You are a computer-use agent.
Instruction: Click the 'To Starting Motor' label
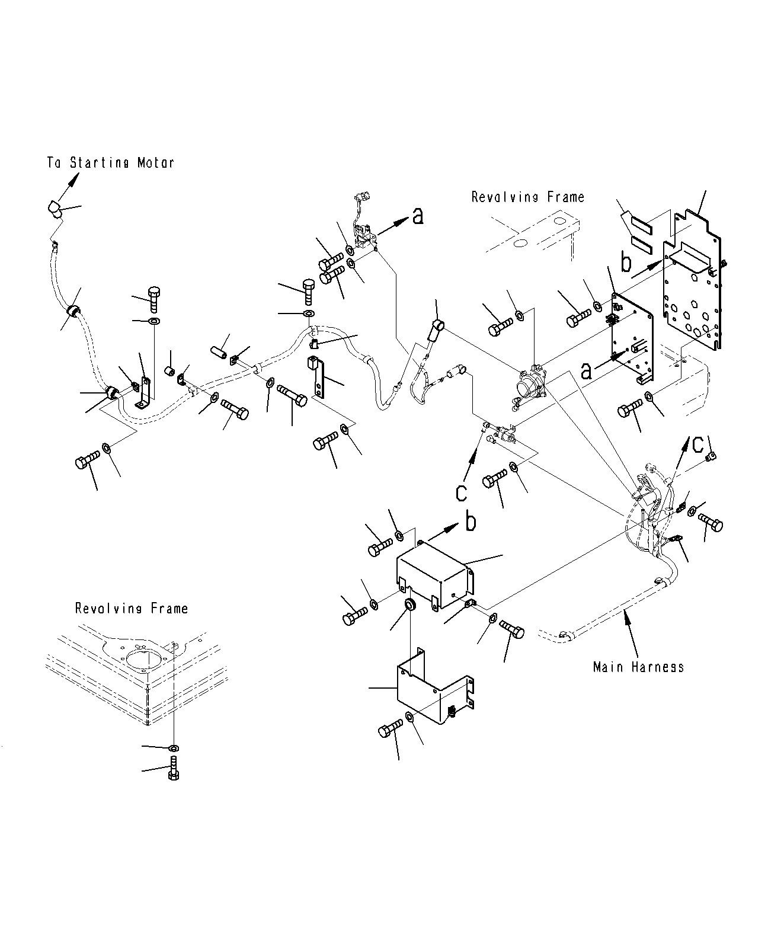111,162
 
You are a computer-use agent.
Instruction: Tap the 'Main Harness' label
638,667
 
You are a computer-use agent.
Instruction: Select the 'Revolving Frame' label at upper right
527,197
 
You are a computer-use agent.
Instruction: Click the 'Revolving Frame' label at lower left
131,608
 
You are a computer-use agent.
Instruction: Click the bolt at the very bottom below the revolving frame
174,769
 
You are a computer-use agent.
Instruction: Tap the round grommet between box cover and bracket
409,606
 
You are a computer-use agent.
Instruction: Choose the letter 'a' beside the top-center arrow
418,217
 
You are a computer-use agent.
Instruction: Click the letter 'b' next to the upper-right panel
626,262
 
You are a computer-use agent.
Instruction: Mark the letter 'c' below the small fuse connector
462,491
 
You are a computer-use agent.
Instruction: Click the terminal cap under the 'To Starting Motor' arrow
54,210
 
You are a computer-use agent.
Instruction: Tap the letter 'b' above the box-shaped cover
470,522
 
